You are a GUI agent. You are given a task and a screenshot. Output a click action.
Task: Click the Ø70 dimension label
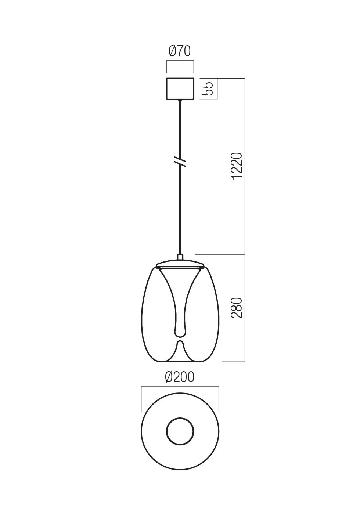[x=180, y=51]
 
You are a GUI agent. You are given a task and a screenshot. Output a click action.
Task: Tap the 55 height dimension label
[x=208, y=88]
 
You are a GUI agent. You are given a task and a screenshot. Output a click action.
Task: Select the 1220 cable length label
[x=237, y=165]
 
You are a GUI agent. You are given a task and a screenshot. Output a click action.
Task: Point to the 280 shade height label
[x=237, y=308]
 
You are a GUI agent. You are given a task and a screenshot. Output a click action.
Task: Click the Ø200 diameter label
[x=180, y=377]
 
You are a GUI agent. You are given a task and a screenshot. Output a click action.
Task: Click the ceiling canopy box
[x=180, y=88]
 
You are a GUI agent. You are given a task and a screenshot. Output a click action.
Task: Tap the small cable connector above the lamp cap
[x=180, y=257]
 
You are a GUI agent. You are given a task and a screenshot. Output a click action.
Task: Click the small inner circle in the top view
[x=180, y=431]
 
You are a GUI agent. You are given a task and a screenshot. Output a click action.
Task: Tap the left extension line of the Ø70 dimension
[x=167, y=68]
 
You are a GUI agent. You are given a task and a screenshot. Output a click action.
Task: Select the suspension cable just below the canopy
[x=180, y=110]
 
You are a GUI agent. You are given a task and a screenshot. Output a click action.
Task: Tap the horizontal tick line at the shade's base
[x=233, y=362]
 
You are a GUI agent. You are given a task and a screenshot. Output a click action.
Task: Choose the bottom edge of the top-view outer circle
[x=180, y=470]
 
